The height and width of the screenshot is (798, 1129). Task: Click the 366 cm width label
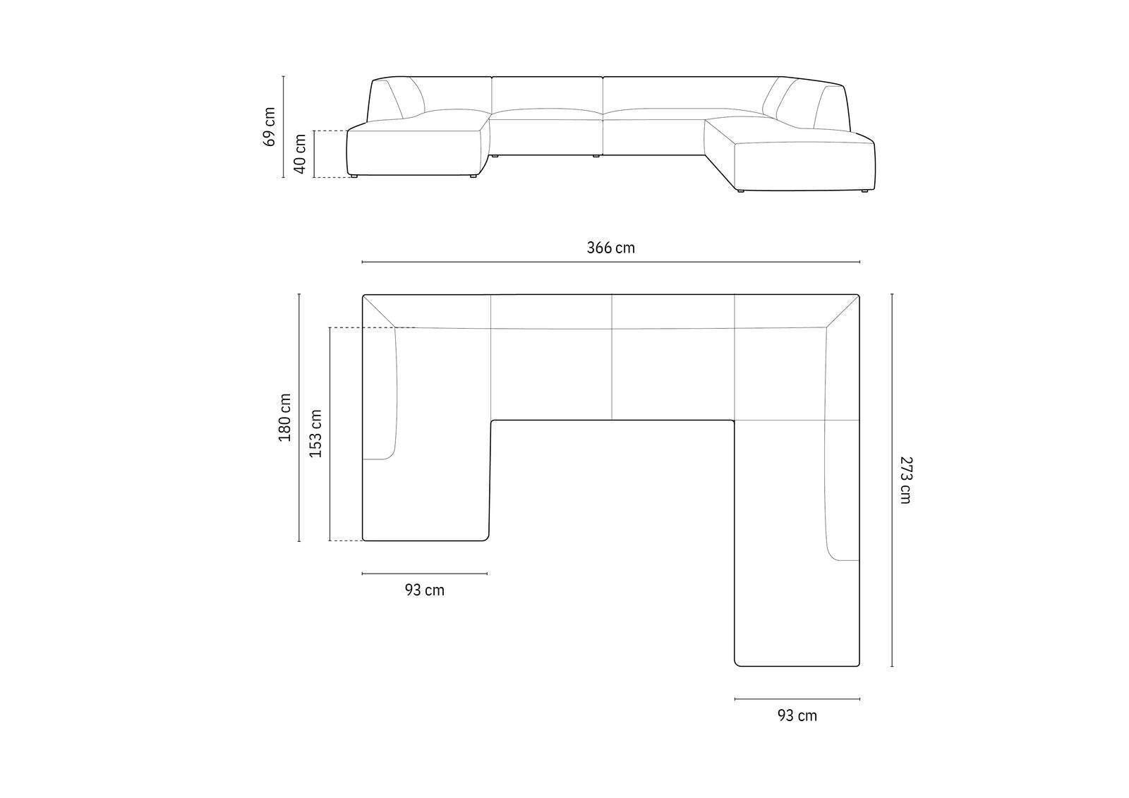coord(610,248)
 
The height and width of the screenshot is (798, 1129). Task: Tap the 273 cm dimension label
coord(906,480)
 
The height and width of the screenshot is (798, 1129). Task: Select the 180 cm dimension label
coord(285,418)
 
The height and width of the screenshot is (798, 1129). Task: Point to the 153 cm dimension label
coord(315,433)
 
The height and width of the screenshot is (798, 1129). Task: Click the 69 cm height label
coord(269,126)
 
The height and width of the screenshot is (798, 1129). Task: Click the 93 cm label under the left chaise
coord(424,590)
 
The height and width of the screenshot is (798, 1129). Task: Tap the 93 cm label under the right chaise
coord(797,715)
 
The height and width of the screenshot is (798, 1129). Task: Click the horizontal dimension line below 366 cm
coord(611,262)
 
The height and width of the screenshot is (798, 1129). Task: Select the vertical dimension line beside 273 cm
coord(892,480)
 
